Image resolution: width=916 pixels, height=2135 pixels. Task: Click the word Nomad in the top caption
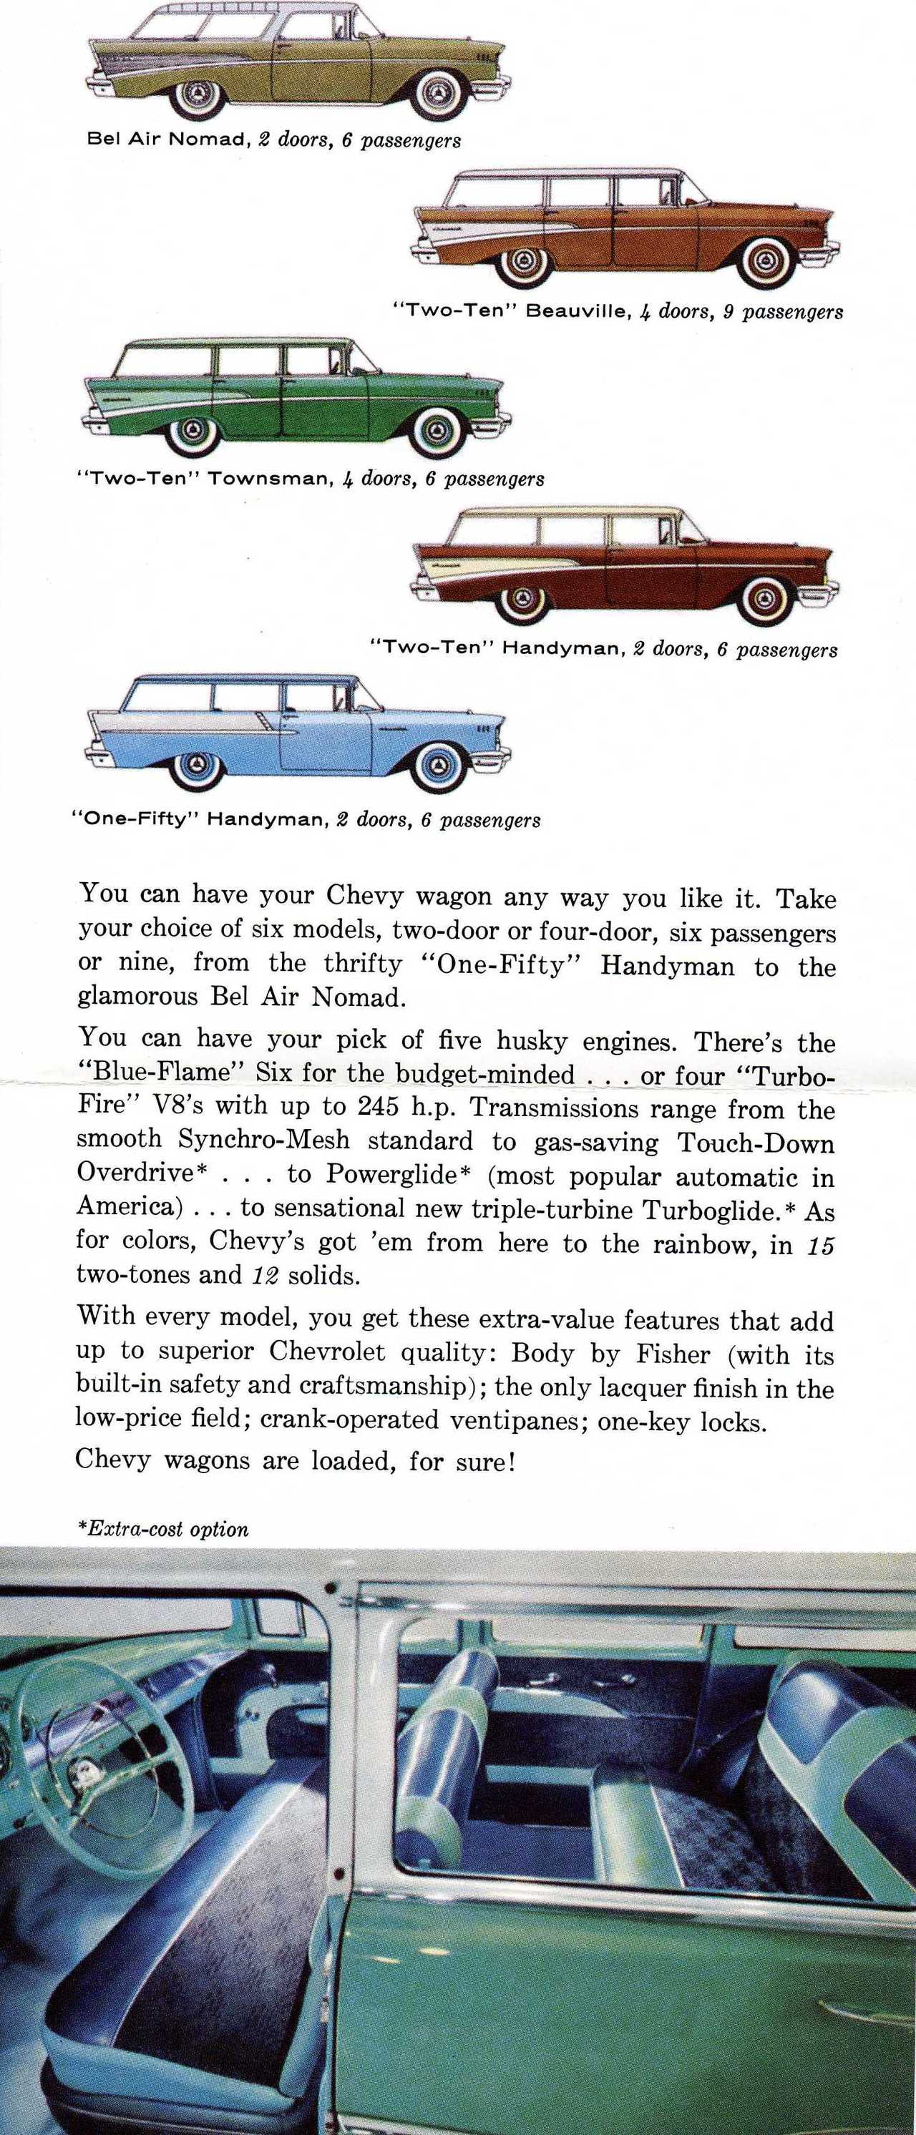pyautogui.click(x=205, y=140)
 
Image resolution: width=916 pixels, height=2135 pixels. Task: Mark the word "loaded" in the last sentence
pyautogui.click(x=351, y=1460)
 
